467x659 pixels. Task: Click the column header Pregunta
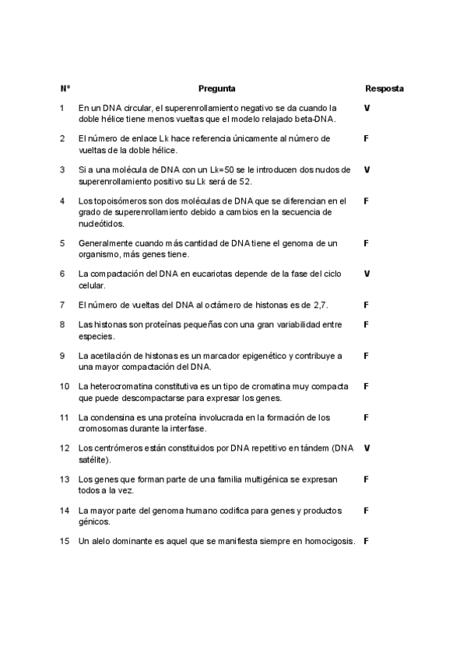point(217,89)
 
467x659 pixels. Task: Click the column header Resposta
point(384,89)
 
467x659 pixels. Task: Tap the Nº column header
point(65,89)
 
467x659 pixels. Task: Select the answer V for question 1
point(367,107)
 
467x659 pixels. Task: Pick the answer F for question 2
point(366,138)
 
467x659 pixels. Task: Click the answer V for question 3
point(367,169)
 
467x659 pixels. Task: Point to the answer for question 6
point(367,274)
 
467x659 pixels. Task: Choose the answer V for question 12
point(367,448)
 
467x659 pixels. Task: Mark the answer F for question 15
point(366,541)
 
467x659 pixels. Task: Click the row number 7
point(62,305)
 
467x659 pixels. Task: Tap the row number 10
point(65,385)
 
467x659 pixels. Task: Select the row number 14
point(65,510)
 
